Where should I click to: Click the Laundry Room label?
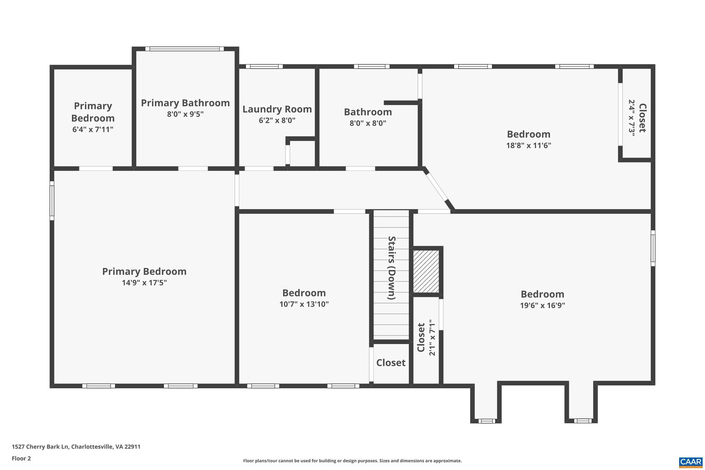coord(277,109)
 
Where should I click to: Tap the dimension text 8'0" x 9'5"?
coord(185,114)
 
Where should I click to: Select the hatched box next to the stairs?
coord(426,271)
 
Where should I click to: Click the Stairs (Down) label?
coord(391,268)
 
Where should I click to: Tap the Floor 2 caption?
coord(21,458)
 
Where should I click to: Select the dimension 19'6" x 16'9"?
coord(542,305)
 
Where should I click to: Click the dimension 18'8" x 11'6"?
coord(528,145)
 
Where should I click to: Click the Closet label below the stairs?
coord(391,363)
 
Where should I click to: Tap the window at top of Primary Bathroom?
coord(185,49)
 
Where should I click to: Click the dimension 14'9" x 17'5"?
coord(144,283)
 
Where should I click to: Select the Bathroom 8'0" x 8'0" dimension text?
coord(368,123)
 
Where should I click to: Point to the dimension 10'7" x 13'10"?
coord(304,304)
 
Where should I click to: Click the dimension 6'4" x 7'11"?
coord(93,129)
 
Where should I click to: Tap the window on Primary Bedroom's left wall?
coord(52,203)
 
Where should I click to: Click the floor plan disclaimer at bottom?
coord(352,461)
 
